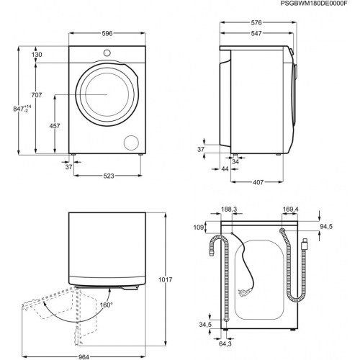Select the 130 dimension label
coord(37,54)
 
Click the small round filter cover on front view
coord(132,141)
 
